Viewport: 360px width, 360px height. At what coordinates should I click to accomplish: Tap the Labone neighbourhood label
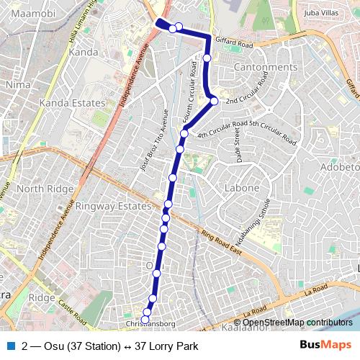243,188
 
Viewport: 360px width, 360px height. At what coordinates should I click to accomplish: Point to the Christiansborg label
151,324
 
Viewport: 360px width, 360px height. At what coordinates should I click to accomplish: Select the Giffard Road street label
233,45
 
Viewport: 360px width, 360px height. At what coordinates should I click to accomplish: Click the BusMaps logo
327,346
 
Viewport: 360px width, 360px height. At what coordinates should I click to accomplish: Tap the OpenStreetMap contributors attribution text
297,323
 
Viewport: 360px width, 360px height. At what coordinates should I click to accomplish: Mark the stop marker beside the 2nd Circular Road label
214,102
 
